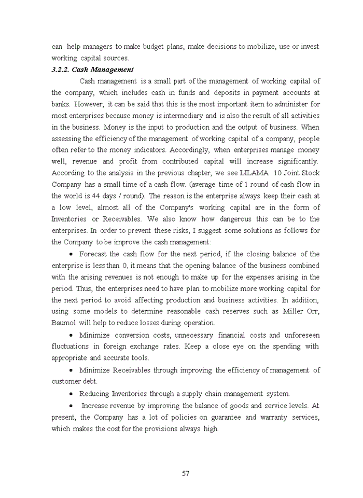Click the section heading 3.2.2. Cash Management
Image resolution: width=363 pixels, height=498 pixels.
pos(92,70)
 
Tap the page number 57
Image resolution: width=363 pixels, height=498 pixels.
pos(186,473)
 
